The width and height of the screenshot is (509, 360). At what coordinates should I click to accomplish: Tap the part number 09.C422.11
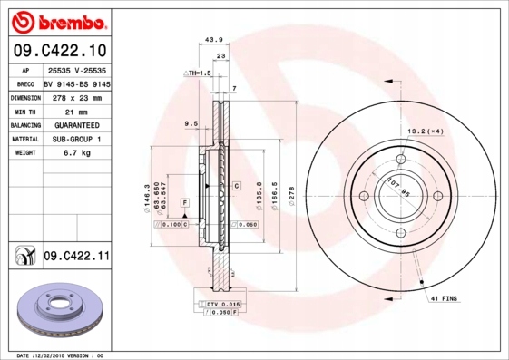tap(78, 258)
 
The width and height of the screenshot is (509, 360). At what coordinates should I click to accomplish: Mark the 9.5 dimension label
tap(191, 122)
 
